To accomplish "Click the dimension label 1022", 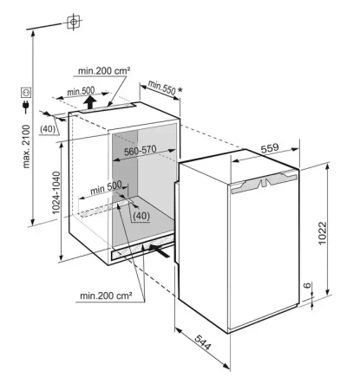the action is point(322,233).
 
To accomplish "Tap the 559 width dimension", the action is point(270,148).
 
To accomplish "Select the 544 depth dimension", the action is point(203,343).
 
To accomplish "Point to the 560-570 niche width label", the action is point(141,151).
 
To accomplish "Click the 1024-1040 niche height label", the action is point(56,192).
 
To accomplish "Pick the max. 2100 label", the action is point(26,146).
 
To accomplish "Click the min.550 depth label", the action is point(161,88).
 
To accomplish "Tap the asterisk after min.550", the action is point(180,90).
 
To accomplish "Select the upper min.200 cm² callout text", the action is point(104,71).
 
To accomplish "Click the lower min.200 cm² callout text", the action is point(106,296).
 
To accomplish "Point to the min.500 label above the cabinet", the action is point(81,91).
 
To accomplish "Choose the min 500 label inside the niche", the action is point(106,188).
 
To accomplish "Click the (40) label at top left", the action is point(48,129).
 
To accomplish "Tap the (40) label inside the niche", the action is point(141,216).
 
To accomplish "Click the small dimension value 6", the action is point(307,285).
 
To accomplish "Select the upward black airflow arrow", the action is point(90,102).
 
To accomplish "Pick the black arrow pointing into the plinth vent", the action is point(159,250).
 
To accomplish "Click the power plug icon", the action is point(25,107).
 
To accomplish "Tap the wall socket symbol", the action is point(26,93).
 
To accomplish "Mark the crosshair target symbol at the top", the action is point(74,22).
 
